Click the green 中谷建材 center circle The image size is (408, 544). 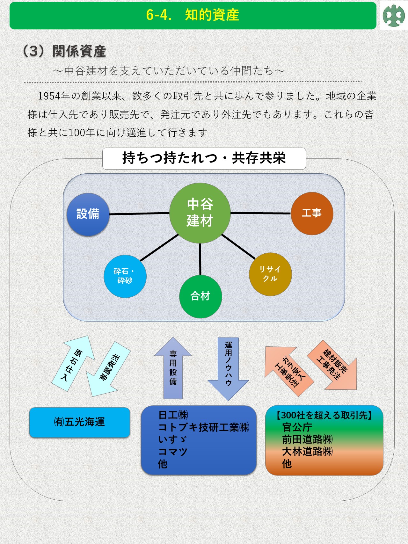[200, 213]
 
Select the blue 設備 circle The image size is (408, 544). [88, 214]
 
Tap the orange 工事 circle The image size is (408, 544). [312, 213]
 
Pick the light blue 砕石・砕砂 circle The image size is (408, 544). [125, 276]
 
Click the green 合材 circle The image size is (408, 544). [200, 296]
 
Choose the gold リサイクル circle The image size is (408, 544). [270, 274]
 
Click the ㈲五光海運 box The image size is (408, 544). [80, 422]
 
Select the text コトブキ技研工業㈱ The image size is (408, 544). [204, 427]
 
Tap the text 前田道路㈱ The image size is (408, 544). [307, 439]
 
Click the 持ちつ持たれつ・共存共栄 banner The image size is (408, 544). [204, 158]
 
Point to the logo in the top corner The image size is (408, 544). [394, 16]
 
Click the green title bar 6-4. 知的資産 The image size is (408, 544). [193, 16]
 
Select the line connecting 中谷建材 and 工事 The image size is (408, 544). [261, 213]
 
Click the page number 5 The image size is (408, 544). [375, 519]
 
